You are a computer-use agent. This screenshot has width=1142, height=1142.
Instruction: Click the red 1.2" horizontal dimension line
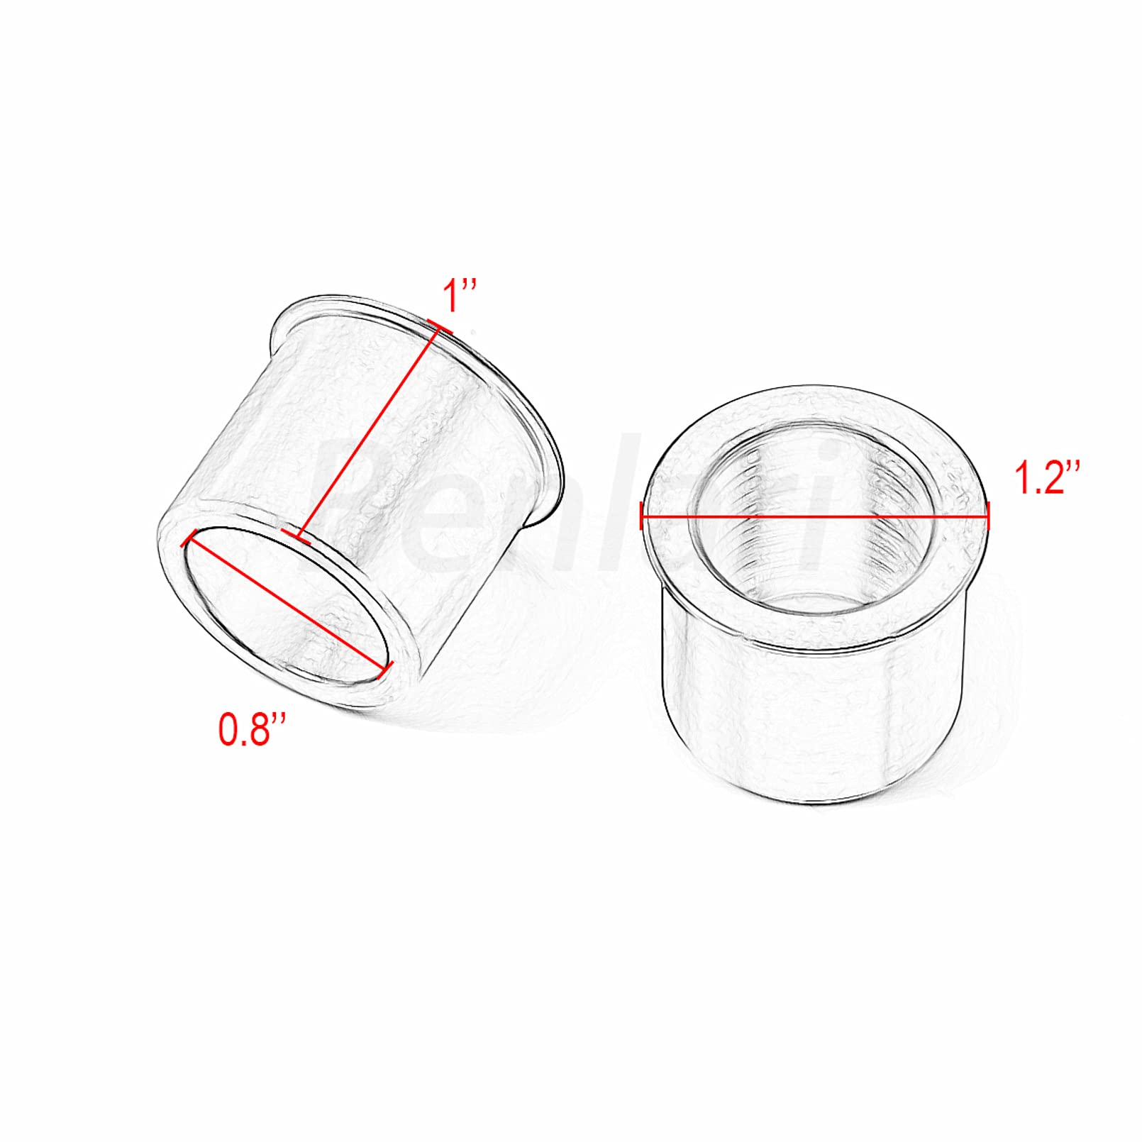pos(816,516)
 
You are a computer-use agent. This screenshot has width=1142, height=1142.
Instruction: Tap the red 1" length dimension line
pos(369,433)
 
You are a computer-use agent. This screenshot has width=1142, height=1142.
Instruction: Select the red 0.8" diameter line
pos(287,603)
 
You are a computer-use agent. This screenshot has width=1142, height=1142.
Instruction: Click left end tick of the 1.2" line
pos(642,516)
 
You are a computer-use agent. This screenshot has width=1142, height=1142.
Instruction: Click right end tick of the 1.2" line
pos(988,516)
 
